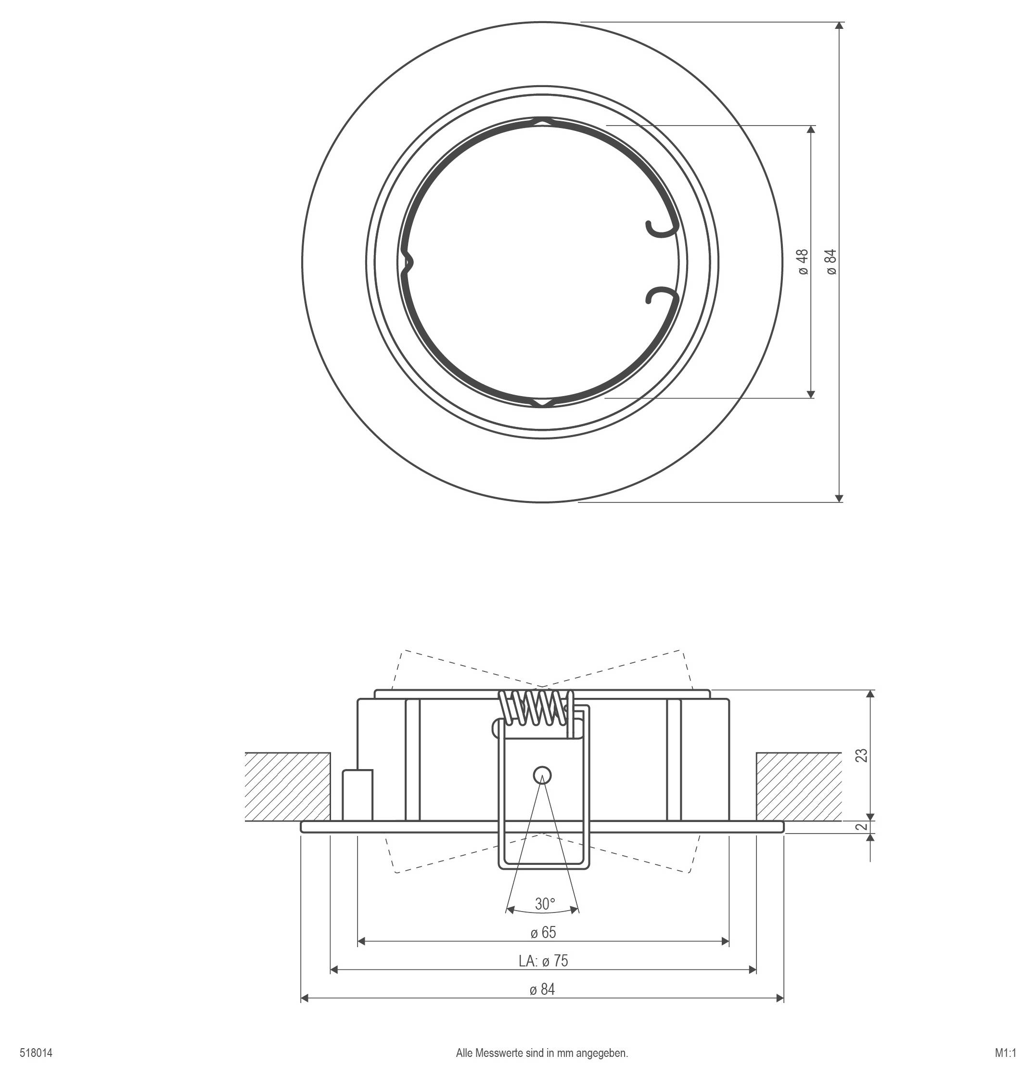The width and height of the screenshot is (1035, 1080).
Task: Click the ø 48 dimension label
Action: tap(803, 262)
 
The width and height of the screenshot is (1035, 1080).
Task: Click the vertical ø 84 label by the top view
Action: tap(831, 262)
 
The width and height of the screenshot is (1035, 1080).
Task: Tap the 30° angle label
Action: tap(544, 904)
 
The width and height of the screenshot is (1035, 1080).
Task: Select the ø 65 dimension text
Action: tap(543, 932)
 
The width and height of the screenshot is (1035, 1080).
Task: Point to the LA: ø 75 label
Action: tap(543, 961)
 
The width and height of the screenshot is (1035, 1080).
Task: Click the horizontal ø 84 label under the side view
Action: tap(543, 990)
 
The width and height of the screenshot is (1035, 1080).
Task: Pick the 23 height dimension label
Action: tap(861, 755)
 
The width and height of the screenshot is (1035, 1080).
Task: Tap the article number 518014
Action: tap(37, 1053)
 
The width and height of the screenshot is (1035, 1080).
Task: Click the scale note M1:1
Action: tap(1005, 1053)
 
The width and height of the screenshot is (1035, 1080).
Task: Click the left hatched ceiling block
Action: tap(288, 786)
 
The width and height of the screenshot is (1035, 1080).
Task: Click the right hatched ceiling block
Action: tap(799, 786)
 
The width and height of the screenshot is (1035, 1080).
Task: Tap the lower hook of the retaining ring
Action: tap(659, 296)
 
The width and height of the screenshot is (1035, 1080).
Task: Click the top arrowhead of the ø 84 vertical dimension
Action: tap(839, 26)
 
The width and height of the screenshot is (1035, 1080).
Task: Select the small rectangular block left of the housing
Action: tap(357, 795)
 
